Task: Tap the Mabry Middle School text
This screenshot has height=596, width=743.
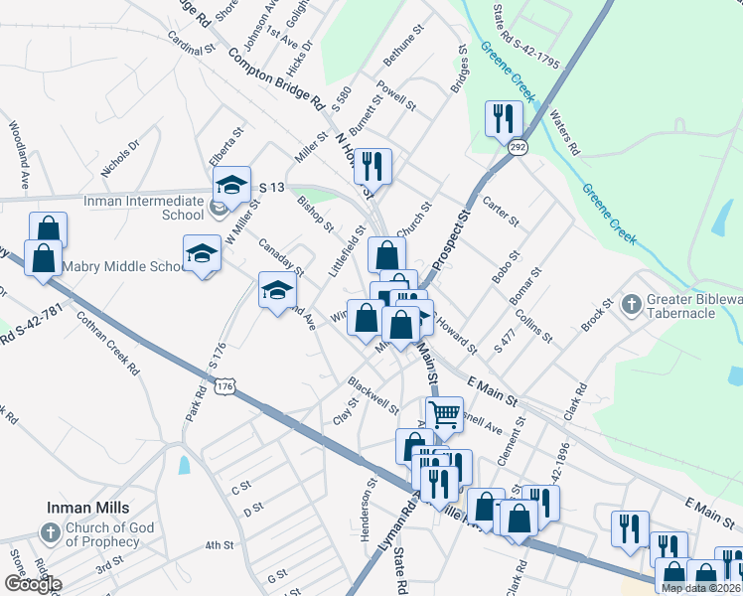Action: (122, 266)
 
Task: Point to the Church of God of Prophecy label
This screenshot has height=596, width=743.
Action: (102, 534)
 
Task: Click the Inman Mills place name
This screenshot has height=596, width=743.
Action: (83, 507)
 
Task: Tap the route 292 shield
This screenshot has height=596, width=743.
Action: (519, 147)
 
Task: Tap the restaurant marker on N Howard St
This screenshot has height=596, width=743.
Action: (372, 165)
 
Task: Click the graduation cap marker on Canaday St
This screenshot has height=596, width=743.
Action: (277, 289)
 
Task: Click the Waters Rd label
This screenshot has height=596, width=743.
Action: (563, 131)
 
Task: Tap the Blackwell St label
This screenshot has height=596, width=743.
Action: (372, 394)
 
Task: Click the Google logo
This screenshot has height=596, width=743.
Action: (32, 584)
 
